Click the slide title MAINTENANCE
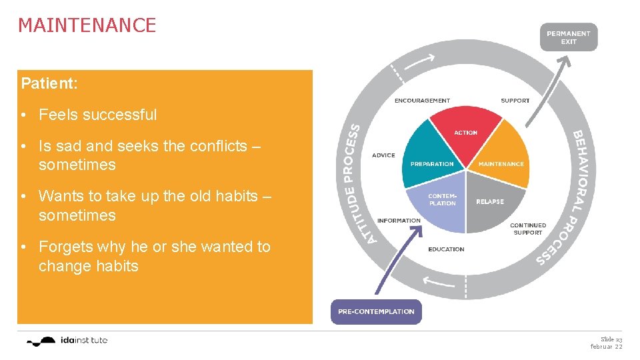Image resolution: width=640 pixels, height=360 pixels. point(87,25)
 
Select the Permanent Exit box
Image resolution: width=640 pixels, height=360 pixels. point(568,37)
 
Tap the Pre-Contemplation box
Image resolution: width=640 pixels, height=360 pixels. point(376,311)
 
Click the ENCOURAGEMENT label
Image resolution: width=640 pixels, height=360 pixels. point(422,101)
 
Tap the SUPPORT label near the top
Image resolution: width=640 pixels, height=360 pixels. point(515,101)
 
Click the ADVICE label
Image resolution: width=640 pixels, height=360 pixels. point(383,155)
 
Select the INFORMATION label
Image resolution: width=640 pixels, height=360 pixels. point(399,221)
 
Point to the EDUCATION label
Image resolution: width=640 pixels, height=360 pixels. point(446,249)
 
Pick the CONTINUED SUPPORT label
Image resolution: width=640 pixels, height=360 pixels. point(528,229)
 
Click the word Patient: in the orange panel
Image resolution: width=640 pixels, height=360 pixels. point(49,84)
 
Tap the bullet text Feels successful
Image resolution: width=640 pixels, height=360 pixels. point(97,115)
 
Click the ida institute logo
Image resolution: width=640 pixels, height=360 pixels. point(67,341)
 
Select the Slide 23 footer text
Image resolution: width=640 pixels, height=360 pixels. point(611,339)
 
